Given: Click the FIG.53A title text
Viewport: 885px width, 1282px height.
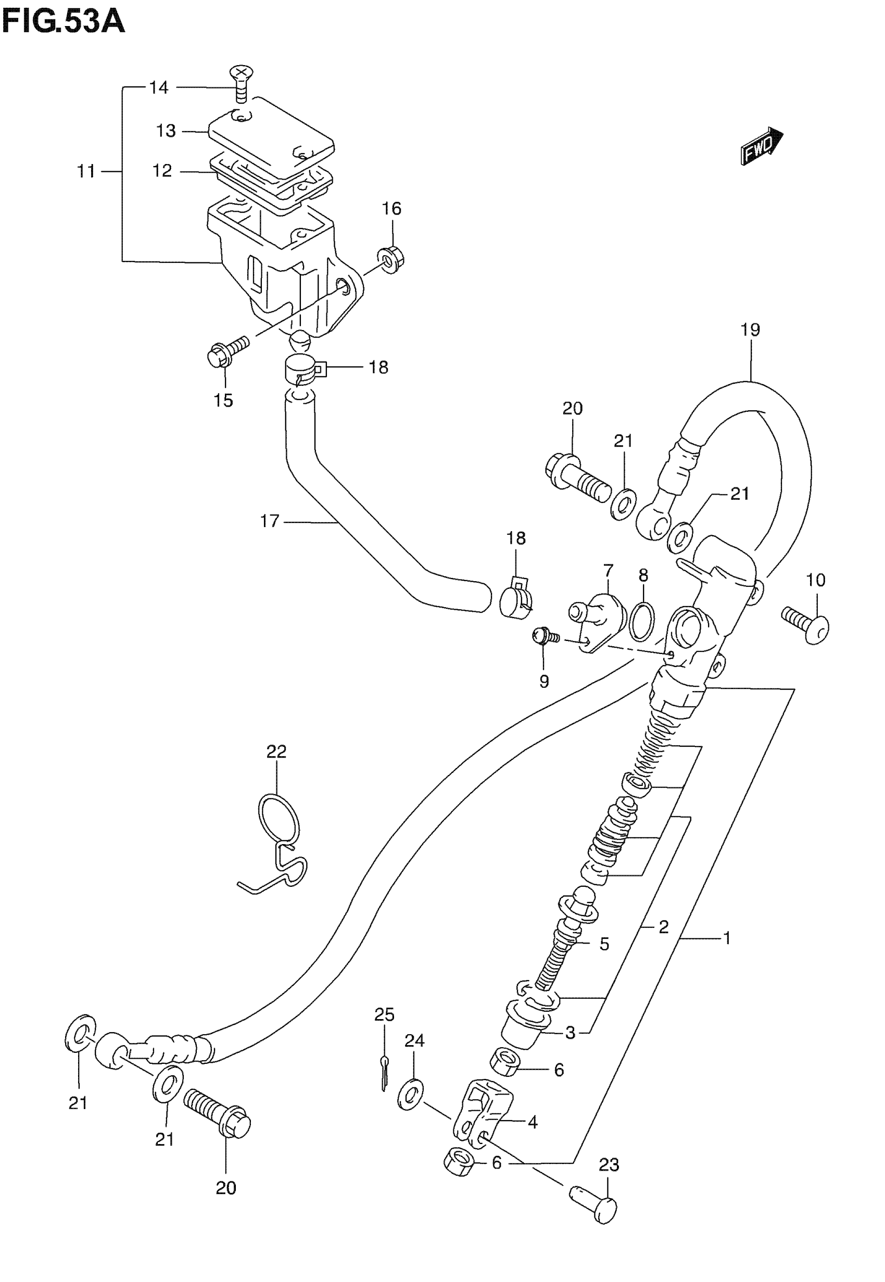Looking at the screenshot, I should [x=63, y=23].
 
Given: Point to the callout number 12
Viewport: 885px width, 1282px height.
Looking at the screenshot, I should [x=162, y=171].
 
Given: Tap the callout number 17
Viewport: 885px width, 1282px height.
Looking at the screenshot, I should [x=270, y=521].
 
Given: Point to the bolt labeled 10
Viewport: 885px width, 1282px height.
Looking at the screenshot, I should [x=807, y=624].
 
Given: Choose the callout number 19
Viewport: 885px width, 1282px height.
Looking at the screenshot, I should [x=750, y=330].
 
